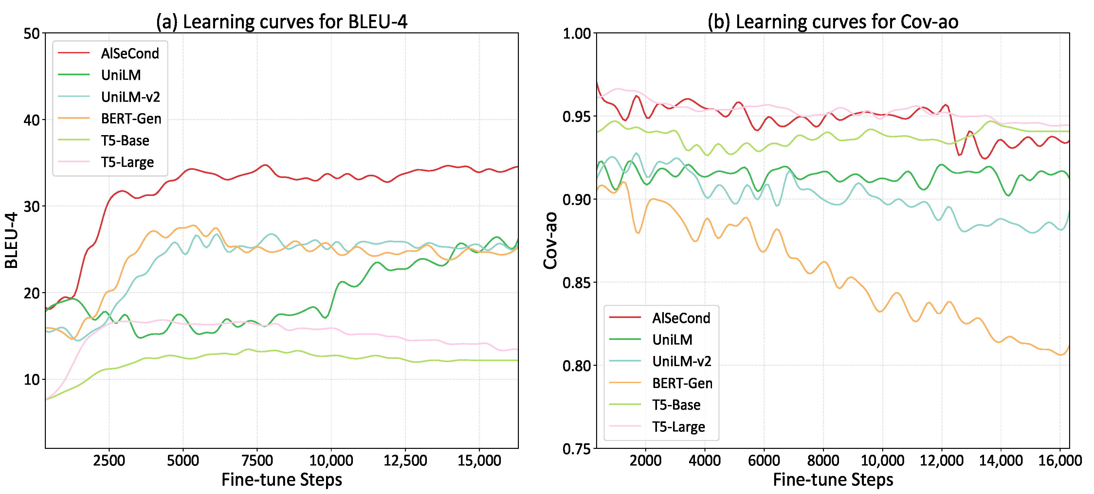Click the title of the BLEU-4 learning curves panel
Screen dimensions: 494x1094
tap(282, 22)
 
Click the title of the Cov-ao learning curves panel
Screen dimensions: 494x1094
tap(833, 22)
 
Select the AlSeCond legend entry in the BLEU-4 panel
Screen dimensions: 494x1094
tap(130, 53)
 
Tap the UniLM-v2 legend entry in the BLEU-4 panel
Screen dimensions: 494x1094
tap(130, 97)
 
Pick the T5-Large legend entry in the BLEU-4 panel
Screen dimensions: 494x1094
tap(127, 162)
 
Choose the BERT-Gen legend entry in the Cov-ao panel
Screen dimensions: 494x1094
tap(682, 383)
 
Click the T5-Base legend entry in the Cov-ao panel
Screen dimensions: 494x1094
tap(676, 405)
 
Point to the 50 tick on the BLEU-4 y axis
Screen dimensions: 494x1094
tap(31, 33)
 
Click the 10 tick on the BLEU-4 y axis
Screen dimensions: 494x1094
tap(31, 379)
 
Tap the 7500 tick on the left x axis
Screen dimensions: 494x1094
tap(257, 461)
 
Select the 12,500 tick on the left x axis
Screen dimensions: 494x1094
tap(405, 461)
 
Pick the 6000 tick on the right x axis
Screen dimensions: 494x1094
tap(764, 461)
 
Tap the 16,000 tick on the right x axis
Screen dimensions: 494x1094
tap(1060, 461)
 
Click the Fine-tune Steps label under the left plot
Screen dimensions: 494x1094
tap(282, 480)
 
